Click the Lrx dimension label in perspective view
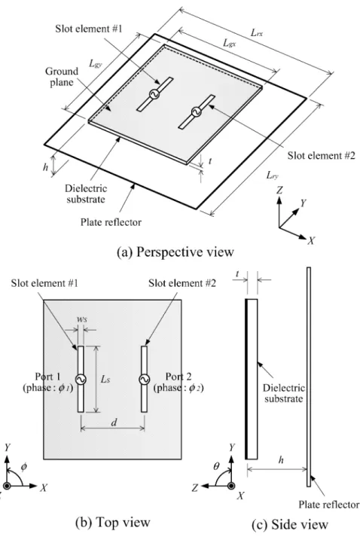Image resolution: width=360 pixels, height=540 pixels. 257,33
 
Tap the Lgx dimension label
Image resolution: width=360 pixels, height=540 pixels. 230,43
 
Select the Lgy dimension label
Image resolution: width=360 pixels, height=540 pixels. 96,63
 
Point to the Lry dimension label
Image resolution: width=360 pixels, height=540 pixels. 272,175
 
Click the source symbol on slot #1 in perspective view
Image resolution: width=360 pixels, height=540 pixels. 154,94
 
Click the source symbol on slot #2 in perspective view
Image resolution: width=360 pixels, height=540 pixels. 196,111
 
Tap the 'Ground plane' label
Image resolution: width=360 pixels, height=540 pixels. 62,77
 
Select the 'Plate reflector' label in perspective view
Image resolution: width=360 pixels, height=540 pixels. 111,222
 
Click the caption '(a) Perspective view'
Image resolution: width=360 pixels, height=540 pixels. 175,252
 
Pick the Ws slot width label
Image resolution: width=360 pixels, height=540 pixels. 81,319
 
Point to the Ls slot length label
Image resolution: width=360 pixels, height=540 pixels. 105,379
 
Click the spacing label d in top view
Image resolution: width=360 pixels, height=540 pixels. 114,422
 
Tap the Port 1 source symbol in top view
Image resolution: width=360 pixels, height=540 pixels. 81,379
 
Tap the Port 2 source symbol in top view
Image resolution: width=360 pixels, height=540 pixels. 144,379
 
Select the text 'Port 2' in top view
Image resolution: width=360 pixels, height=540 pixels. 178,377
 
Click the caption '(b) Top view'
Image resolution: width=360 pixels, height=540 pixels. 113,522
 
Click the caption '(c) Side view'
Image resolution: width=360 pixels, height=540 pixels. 289,524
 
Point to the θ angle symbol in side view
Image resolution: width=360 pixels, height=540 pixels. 216,467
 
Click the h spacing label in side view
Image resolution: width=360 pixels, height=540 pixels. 281,459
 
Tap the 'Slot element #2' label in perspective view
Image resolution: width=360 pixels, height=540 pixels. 321,156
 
